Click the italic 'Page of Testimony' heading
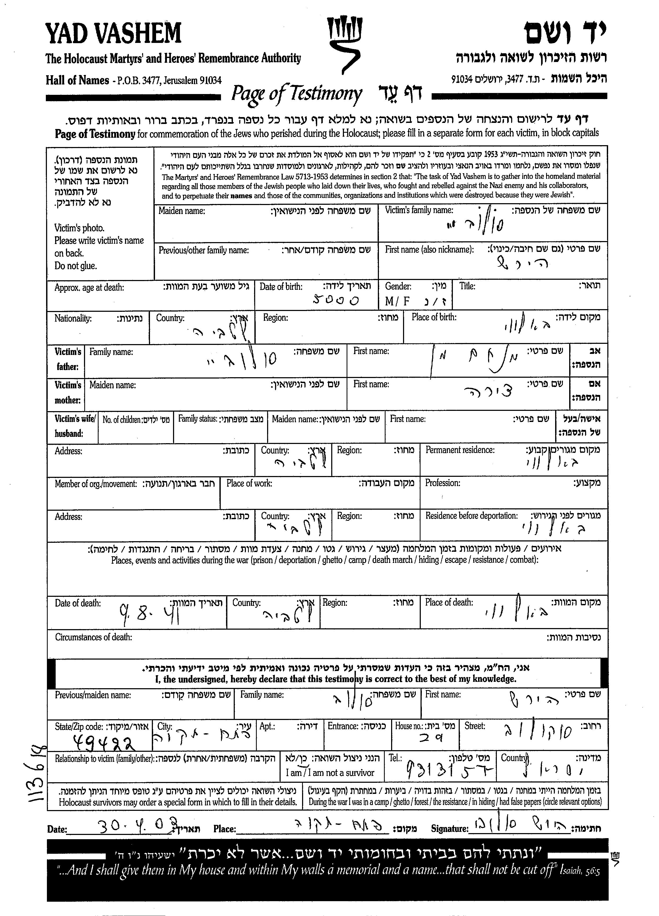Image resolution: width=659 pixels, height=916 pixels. [x=296, y=94]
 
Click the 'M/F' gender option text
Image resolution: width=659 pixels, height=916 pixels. [x=397, y=301]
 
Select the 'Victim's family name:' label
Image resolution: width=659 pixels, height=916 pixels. [x=419, y=210]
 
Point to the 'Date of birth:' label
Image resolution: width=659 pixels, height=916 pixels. [x=281, y=287]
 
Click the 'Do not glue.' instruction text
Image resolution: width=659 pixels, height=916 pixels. [x=76, y=266]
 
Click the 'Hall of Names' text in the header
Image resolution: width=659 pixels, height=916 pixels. [x=77, y=80]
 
